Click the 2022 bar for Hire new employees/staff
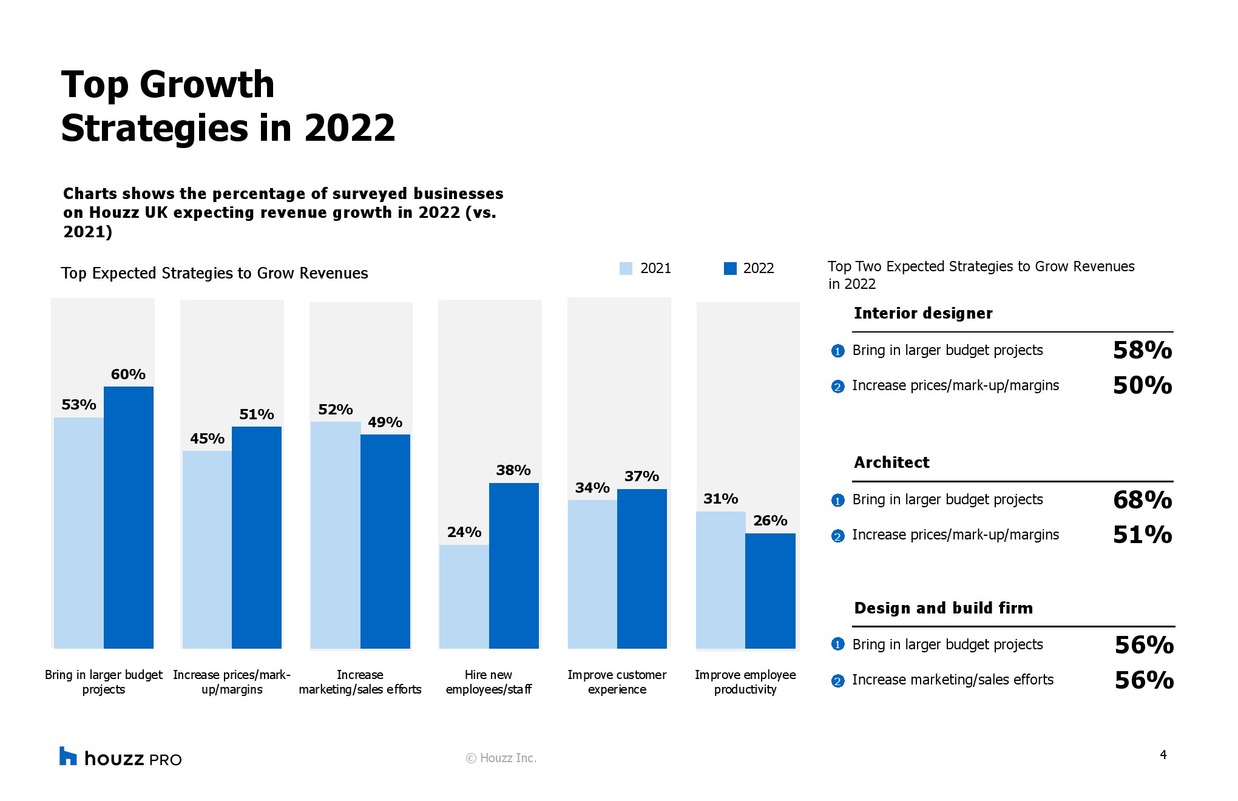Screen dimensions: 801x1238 513,566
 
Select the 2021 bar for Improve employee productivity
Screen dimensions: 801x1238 720,580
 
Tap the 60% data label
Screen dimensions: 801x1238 128,374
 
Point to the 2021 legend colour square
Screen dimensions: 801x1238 626,268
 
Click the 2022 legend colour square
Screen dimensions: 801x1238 730,268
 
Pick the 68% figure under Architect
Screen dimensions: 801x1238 1142,500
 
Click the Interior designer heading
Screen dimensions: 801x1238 923,313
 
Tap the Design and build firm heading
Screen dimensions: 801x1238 943,608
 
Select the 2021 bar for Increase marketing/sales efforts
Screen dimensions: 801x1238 335,535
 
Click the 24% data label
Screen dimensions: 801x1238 464,532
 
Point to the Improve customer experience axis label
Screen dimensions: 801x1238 617,682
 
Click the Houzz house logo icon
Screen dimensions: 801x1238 68,756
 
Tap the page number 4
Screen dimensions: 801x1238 1163,755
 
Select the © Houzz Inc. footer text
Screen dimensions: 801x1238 501,758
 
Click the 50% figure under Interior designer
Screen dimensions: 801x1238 1142,385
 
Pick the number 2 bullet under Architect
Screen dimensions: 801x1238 837,536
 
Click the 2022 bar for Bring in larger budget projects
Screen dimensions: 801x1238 128,517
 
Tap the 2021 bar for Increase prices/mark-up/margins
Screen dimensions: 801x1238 207,550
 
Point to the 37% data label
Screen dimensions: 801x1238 641,476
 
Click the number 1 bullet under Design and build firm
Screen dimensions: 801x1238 837,644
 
